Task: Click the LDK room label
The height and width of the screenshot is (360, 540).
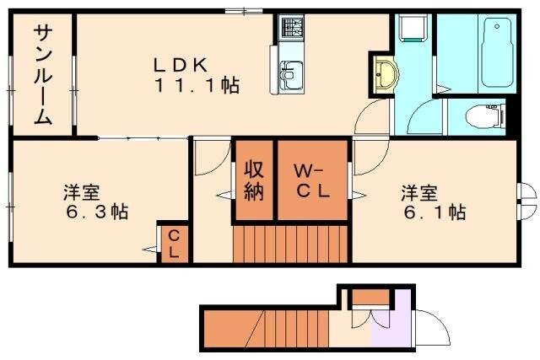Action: [180, 62]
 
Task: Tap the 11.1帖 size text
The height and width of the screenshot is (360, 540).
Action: [195, 84]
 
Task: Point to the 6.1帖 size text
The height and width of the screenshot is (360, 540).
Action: [432, 212]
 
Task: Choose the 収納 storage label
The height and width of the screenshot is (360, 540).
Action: [254, 180]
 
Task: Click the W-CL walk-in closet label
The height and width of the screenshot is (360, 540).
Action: [310, 180]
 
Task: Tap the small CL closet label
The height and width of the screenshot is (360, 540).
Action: [173, 243]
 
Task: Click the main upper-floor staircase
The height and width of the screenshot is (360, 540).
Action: [290, 244]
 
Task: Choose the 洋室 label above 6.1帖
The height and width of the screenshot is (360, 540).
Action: [420, 191]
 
